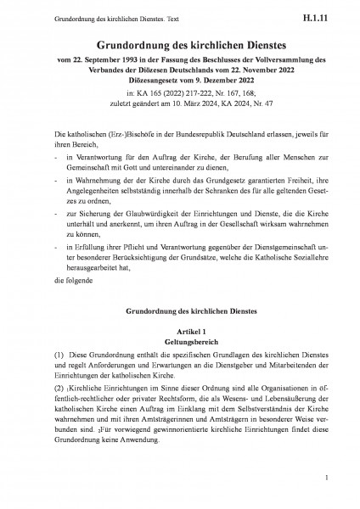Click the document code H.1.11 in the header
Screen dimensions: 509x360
(x=326, y=15)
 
